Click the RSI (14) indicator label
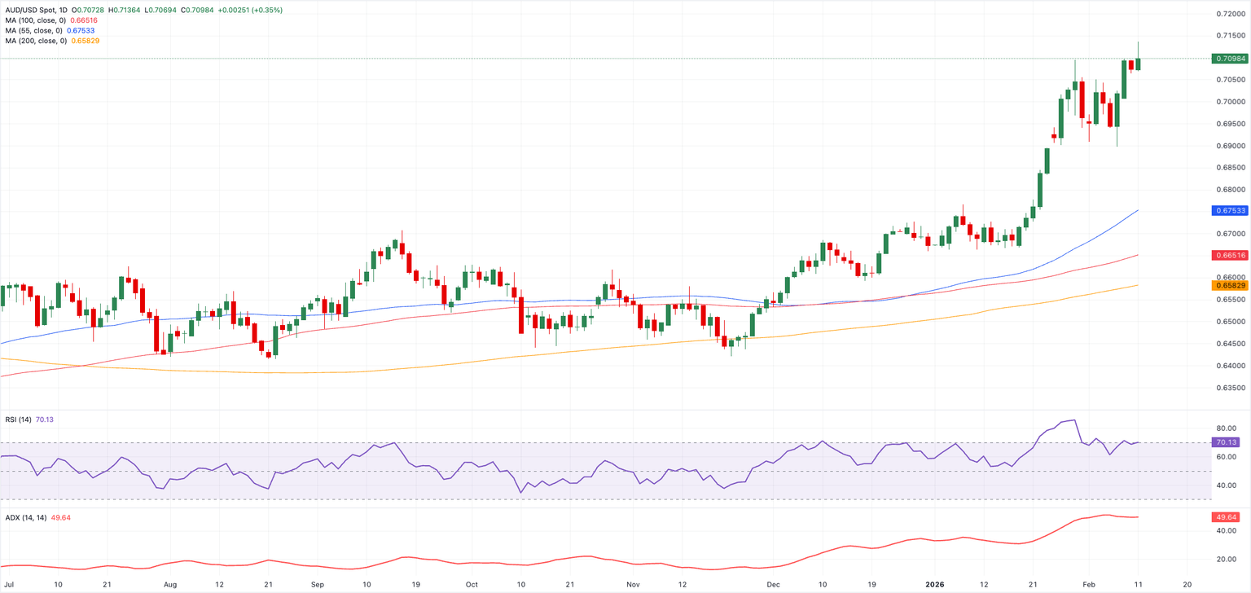coord(17,419)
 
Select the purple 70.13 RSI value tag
coord(1226,442)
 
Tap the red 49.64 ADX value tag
coord(1226,517)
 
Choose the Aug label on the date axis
coord(169,584)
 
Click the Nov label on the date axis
coord(634,584)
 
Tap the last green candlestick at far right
coord(1138,63)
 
